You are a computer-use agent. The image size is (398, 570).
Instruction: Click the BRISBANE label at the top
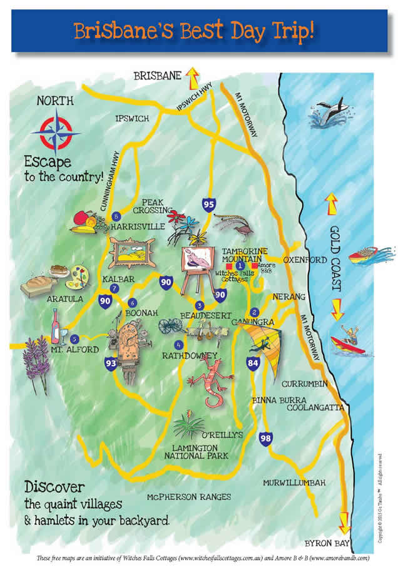point(157,76)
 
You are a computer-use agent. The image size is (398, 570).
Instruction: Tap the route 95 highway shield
point(210,203)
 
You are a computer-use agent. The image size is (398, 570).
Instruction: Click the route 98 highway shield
point(265,439)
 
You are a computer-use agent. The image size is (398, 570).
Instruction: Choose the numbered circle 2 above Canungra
point(254,312)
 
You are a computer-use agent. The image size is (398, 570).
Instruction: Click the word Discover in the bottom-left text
point(54,486)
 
